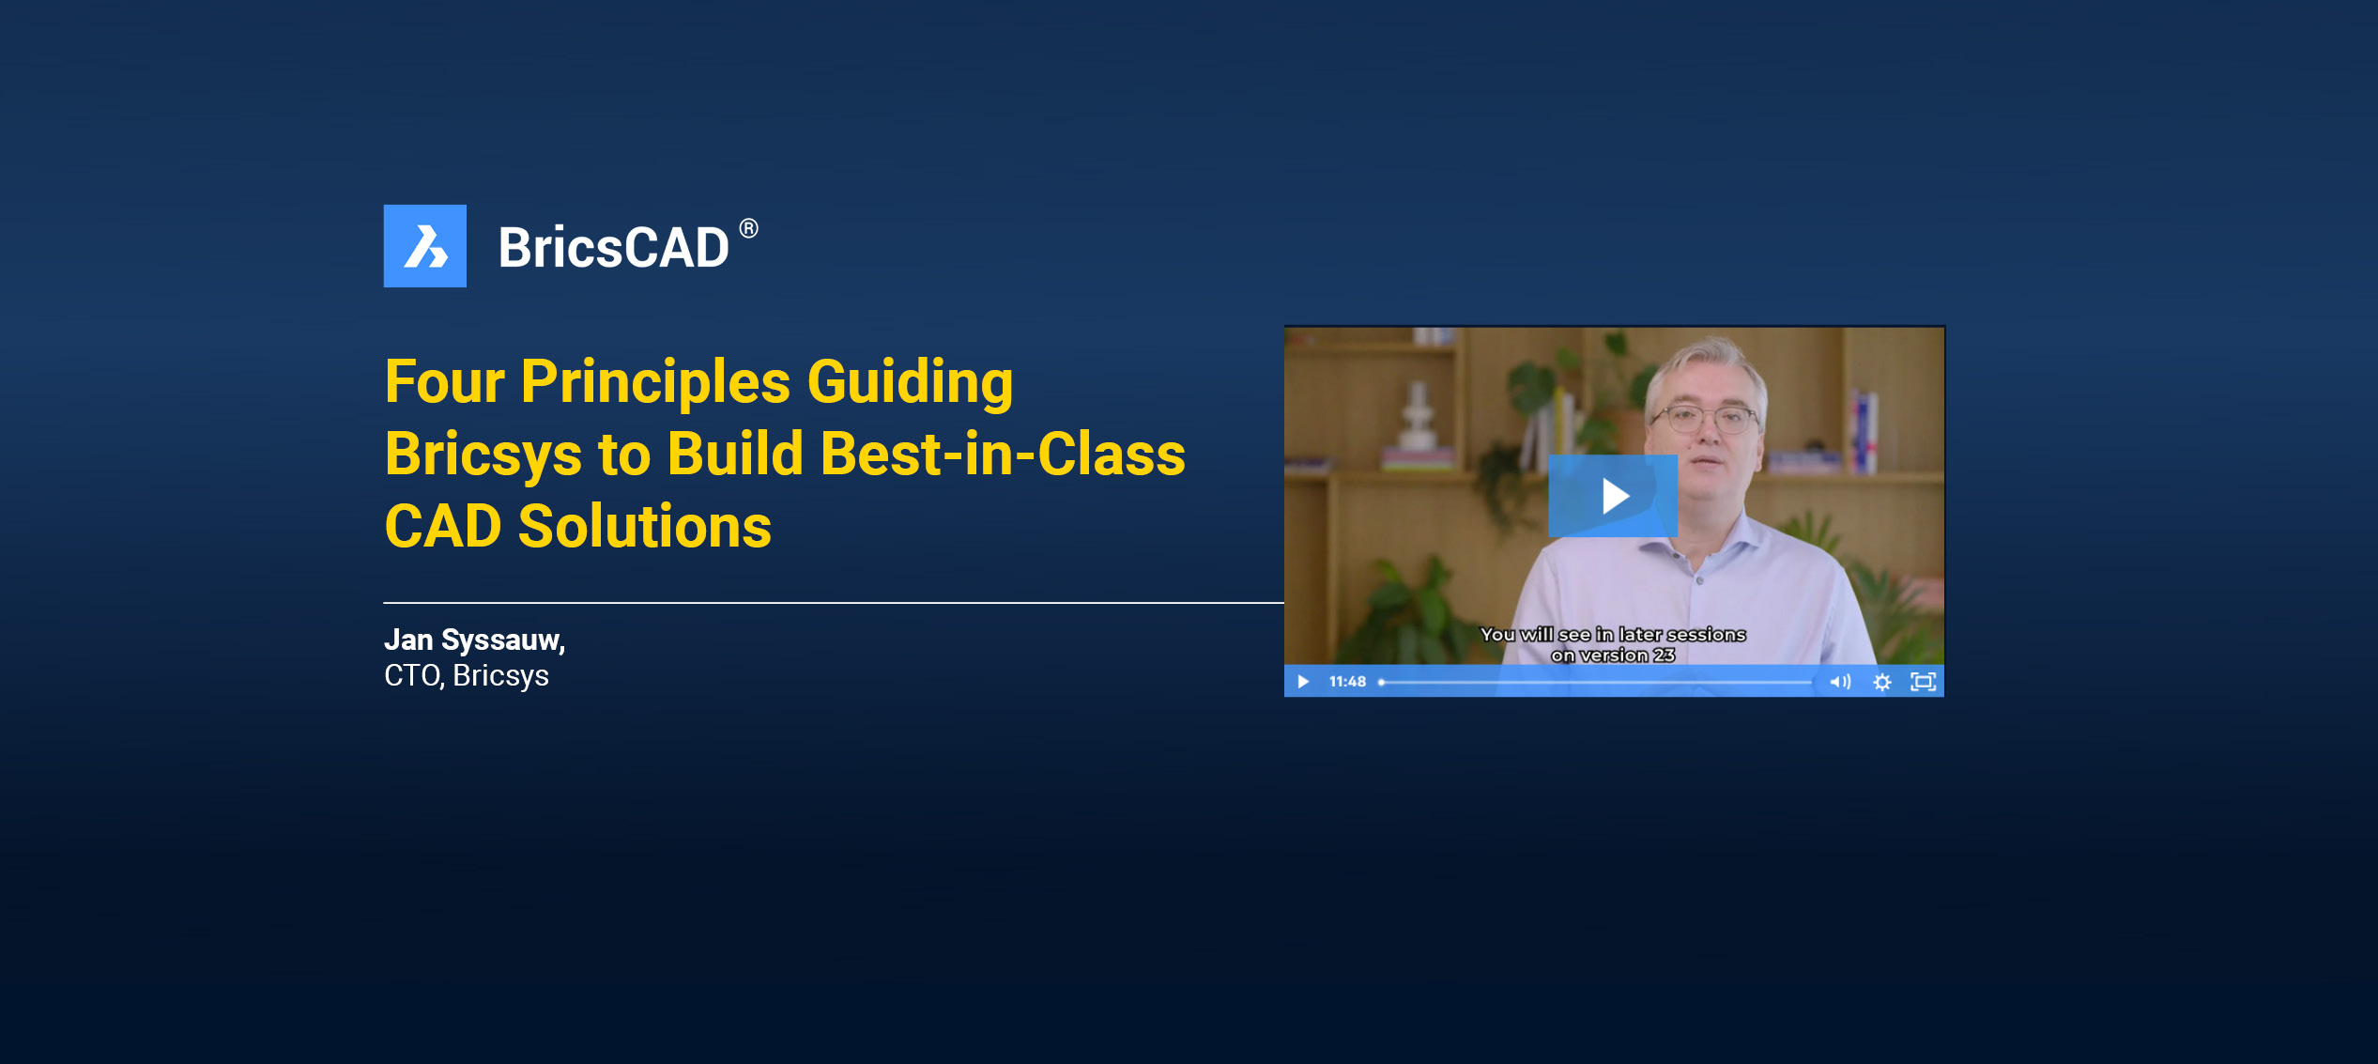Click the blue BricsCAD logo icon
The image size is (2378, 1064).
point(424,246)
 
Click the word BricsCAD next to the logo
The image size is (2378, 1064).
point(613,248)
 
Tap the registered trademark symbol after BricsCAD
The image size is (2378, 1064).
point(748,228)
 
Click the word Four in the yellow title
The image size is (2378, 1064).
point(445,382)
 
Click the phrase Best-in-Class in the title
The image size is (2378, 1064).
point(1003,455)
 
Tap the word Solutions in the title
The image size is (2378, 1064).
point(645,526)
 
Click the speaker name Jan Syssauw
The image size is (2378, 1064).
point(474,640)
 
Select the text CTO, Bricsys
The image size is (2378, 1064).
point(467,676)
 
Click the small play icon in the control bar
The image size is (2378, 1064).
point(1303,682)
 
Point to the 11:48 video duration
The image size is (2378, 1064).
point(1347,682)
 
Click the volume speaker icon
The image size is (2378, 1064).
point(1840,682)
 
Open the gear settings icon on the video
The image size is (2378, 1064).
point(1882,682)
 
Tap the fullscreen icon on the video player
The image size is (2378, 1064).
point(1924,682)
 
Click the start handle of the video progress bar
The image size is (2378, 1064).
point(1382,682)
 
